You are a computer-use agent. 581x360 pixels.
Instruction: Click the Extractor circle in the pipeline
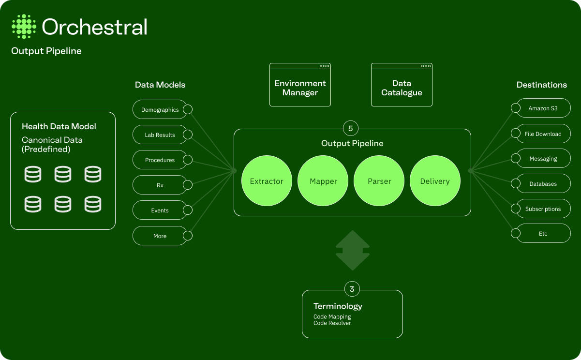(267, 181)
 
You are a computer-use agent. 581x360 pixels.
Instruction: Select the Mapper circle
(323, 181)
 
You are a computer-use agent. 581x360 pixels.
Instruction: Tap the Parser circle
(379, 181)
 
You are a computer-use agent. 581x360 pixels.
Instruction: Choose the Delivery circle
(435, 181)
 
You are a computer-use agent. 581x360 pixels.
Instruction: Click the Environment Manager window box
(300, 86)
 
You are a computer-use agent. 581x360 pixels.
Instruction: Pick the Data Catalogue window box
(402, 86)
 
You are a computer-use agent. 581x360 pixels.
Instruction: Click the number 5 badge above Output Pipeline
(351, 129)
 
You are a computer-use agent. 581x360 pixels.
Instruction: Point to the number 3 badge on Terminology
(352, 289)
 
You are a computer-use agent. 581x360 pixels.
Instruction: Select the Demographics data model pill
(160, 110)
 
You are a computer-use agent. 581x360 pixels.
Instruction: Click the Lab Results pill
(160, 135)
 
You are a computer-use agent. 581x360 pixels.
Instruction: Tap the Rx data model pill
(160, 185)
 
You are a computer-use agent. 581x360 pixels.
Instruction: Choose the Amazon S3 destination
(543, 108)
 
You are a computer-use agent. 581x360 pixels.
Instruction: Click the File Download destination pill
(543, 134)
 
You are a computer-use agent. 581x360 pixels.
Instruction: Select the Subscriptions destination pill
(543, 209)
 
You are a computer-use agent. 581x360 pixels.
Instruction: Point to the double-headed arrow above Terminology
(353, 250)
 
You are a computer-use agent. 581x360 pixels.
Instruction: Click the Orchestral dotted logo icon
(24, 27)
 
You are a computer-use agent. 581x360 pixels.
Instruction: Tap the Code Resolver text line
(332, 323)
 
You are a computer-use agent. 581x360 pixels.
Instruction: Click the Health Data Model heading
(59, 126)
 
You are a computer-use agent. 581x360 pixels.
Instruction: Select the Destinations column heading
(541, 85)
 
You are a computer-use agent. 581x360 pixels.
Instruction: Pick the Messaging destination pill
(543, 159)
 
